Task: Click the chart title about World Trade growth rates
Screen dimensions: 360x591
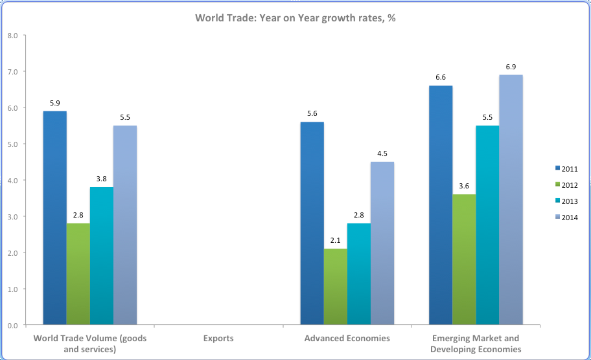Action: tap(295, 18)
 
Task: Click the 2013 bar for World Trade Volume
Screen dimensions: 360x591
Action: tap(102, 255)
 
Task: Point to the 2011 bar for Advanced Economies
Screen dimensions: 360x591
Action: tap(312, 223)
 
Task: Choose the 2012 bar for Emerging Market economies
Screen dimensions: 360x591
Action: tap(464, 259)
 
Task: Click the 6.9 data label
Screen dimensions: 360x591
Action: tap(511, 67)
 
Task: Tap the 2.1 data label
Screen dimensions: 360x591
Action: tap(335, 240)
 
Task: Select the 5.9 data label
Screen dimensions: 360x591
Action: tap(54, 103)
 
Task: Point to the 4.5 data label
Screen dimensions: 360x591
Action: tap(382, 153)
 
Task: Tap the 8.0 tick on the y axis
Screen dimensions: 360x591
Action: tap(12, 36)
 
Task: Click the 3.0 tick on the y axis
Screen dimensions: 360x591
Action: tap(12, 216)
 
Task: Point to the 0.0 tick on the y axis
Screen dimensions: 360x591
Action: tap(12, 325)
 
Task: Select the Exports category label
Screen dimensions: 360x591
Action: tap(218, 338)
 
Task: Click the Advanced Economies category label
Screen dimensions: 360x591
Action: tap(347, 338)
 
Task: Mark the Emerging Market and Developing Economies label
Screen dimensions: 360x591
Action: tap(476, 343)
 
